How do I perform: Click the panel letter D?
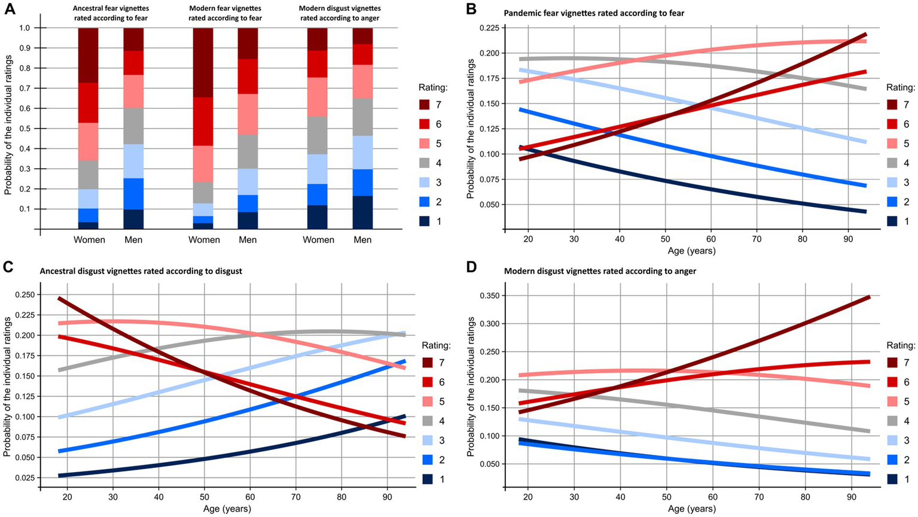point(471,269)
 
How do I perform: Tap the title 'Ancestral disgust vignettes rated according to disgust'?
point(141,271)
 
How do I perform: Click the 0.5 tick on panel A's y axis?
point(24,129)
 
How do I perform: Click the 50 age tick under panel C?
point(204,498)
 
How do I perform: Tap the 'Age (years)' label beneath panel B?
point(691,251)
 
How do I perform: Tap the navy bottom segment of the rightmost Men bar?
point(362,212)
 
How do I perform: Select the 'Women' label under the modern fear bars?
point(204,240)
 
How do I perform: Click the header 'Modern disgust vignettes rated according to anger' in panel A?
point(340,13)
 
